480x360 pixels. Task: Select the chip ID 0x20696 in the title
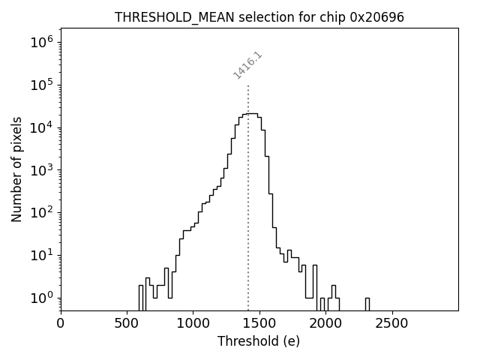click(377, 16)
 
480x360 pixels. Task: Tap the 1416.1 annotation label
click(247, 65)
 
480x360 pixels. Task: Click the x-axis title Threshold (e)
click(259, 341)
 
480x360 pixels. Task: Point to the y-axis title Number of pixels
click(17, 169)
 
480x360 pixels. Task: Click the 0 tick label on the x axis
click(61, 323)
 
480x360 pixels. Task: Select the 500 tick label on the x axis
click(127, 323)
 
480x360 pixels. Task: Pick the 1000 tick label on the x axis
click(193, 323)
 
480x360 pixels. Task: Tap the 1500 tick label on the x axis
click(259, 323)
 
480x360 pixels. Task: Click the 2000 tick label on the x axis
click(325, 323)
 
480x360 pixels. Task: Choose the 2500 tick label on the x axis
click(391, 323)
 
